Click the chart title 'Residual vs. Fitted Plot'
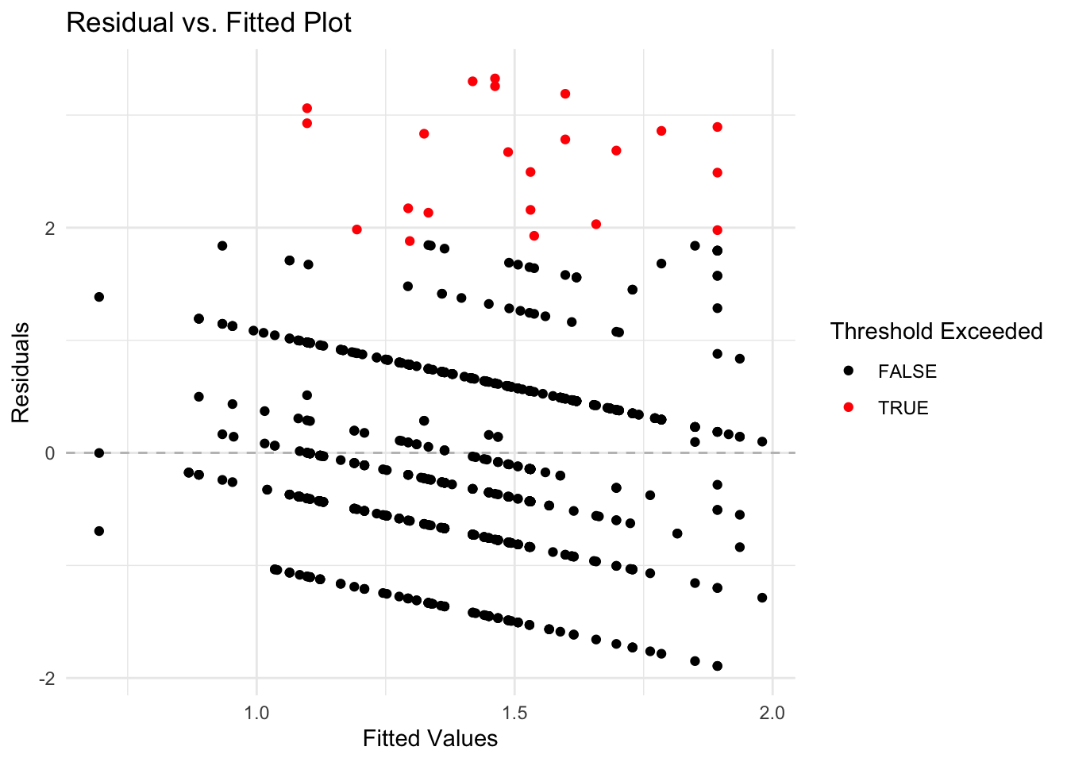[x=209, y=22]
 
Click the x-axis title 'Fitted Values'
[x=429, y=738]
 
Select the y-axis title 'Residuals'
[x=21, y=372]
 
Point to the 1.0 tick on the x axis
[x=256, y=713]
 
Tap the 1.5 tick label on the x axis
[x=514, y=713]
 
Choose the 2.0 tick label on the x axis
[x=772, y=713]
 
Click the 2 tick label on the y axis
[x=50, y=229]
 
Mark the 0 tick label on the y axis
[x=50, y=453]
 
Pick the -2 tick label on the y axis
[x=47, y=679]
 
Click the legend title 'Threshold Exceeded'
[x=936, y=331]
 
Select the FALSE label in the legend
[x=907, y=371]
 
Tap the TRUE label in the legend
[x=903, y=408]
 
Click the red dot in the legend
[x=849, y=407]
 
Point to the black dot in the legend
[x=849, y=371]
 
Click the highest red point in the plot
[x=495, y=79]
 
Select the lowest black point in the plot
[x=717, y=666]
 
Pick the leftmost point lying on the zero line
[x=99, y=453]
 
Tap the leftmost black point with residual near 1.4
[x=99, y=297]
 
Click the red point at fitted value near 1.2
[x=356, y=229]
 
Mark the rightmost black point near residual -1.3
[x=762, y=598]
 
